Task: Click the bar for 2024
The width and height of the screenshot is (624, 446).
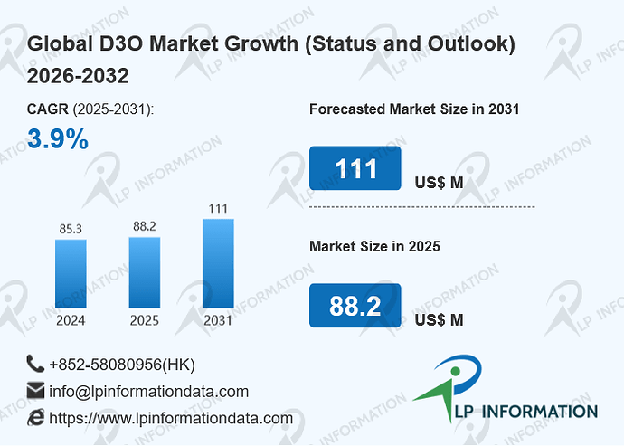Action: click(x=71, y=273)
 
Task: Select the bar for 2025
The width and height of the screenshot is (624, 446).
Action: click(x=145, y=272)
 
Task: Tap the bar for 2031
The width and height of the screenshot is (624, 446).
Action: click(x=218, y=263)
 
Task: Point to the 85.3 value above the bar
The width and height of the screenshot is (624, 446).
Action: click(x=71, y=229)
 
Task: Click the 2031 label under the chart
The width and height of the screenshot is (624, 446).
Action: click(x=218, y=320)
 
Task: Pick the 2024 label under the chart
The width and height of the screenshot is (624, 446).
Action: click(x=71, y=320)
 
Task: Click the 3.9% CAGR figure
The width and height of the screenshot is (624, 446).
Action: click(x=58, y=139)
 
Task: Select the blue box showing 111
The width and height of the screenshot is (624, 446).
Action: click(x=355, y=168)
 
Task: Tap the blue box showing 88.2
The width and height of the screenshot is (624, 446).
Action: click(x=355, y=306)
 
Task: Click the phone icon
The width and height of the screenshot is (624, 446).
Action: click(x=35, y=364)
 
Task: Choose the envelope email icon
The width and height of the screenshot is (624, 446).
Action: click(x=35, y=391)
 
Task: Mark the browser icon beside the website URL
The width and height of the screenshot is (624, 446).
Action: click(x=36, y=417)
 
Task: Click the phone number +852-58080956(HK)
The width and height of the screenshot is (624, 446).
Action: click(x=122, y=365)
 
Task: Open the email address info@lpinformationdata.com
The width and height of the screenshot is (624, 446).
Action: click(x=149, y=392)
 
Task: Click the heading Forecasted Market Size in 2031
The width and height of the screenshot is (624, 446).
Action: click(x=414, y=109)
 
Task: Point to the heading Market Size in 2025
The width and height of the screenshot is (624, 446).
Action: click(x=375, y=246)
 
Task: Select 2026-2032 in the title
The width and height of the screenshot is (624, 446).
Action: click(x=78, y=76)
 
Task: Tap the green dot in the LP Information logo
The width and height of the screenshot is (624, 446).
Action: click(x=456, y=372)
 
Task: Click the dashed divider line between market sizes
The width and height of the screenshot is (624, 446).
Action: click(x=421, y=207)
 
